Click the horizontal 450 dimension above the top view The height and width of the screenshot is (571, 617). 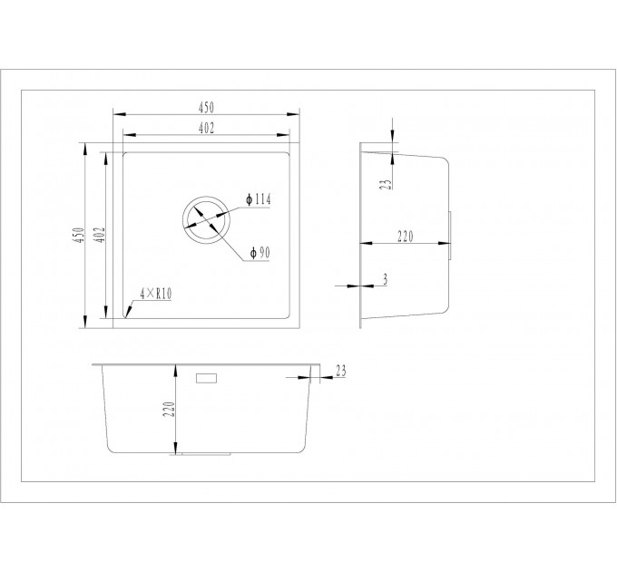206,107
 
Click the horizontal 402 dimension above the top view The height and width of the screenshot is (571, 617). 206,128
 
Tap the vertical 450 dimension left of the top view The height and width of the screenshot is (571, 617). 80,235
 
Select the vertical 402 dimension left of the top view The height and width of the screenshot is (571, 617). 101,235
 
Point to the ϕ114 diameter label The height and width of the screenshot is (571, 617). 258,199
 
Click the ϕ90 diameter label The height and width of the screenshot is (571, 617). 260,253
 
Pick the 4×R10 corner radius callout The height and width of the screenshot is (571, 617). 156,294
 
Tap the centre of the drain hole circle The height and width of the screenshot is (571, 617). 205,219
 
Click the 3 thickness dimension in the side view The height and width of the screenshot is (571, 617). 385,279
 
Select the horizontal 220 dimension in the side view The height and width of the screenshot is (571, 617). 406,237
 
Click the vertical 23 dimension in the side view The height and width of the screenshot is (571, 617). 387,184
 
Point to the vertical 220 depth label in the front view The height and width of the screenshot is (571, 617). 169,409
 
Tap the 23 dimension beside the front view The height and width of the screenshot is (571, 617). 341,371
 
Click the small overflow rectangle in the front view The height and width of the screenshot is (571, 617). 207,378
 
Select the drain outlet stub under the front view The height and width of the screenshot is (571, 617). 206,454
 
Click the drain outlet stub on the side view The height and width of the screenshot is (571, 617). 450,236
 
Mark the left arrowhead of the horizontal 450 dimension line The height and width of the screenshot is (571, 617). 119,114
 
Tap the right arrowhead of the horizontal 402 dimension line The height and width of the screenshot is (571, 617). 283,135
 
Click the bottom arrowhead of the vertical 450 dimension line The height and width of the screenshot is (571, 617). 84,322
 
